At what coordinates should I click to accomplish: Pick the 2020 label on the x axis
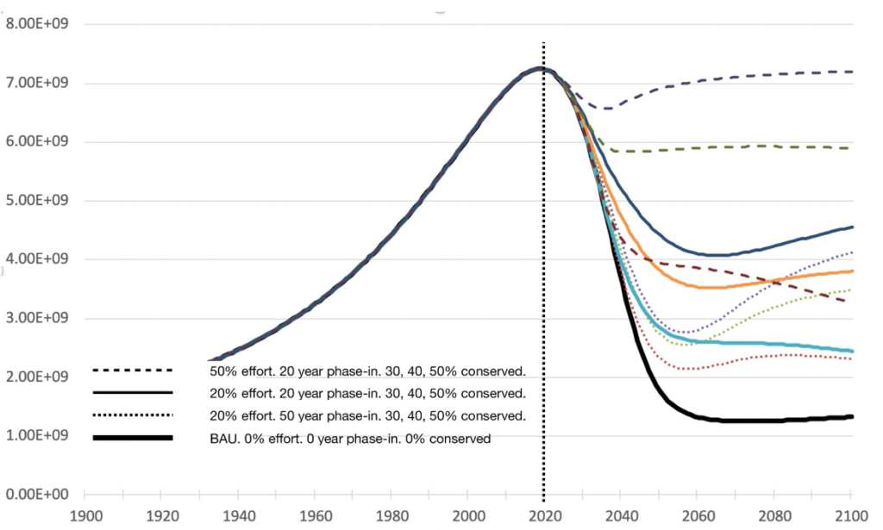[544, 519]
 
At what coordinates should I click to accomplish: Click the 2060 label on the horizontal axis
[698, 519]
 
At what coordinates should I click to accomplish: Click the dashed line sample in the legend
[133, 371]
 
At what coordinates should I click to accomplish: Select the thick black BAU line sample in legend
[133, 438]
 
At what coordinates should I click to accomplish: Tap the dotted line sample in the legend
[133, 415]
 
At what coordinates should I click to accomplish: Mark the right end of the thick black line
[852, 416]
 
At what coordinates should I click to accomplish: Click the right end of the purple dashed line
[852, 72]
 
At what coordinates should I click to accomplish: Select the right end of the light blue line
[852, 351]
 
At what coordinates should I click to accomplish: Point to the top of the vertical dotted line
[543, 43]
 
